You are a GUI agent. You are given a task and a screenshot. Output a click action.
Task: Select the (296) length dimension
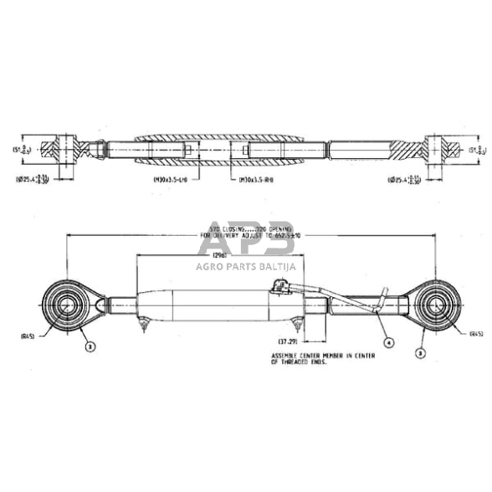pyautogui.click(x=221, y=254)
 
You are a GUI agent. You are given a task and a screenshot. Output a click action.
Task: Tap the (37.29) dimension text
pyautogui.click(x=288, y=341)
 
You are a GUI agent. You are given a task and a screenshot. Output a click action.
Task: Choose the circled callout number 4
pyautogui.click(x=387, y=341)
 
